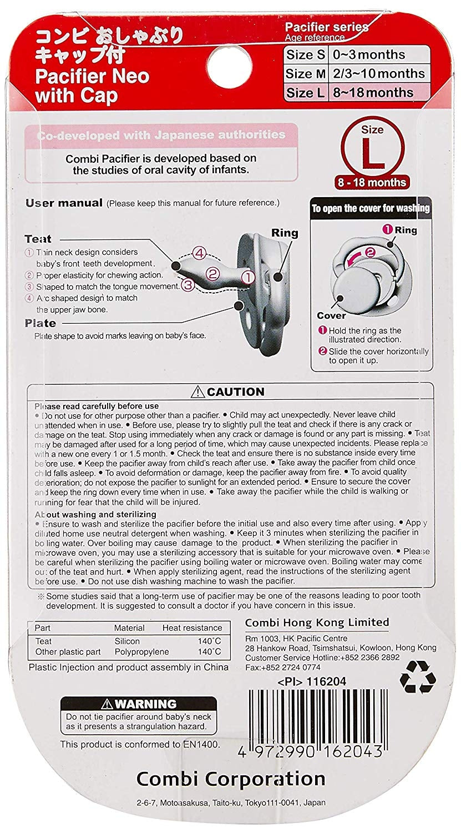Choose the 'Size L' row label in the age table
tap(305, 92)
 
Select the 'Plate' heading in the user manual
tap(40, 323)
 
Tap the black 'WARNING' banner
tap(120, 704)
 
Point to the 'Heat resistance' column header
tap(192, 628)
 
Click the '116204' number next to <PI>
tap(330, 681)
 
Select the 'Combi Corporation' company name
tap(230, 779)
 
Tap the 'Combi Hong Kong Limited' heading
tap(317, 622)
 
